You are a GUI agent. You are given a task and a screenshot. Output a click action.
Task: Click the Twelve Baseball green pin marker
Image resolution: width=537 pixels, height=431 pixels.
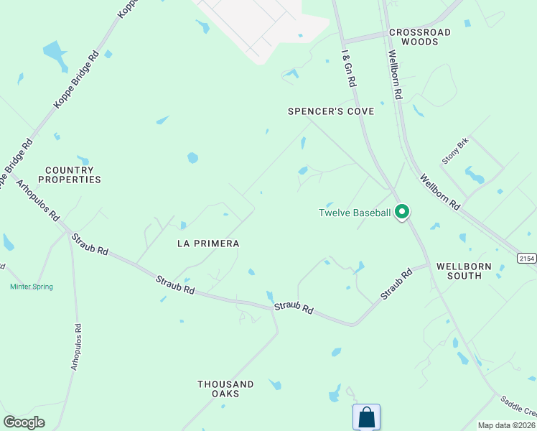tap(403, 212)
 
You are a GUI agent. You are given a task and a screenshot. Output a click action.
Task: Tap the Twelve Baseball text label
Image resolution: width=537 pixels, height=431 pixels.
tap(355, 213)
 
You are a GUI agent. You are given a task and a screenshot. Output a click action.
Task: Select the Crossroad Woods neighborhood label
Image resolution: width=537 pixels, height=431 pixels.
tap(420, 37)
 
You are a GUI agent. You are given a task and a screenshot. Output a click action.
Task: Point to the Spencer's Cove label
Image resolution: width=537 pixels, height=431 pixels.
tap(331, 111)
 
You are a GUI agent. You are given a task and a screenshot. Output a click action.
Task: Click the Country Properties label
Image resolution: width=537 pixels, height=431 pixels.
tap(73, 175)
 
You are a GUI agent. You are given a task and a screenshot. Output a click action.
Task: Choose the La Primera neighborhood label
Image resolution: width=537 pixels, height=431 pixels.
tap(208, 244)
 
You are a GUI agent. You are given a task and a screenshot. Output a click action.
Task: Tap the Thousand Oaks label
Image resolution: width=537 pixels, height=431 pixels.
tap(226, 389)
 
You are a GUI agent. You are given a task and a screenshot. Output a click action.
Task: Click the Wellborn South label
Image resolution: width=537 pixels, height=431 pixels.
tap(464, 271)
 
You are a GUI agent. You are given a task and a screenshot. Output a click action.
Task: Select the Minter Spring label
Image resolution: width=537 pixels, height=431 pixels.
tap(32, 287)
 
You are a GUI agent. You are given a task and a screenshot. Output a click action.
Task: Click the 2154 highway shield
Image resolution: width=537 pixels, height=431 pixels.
tap(527, 257)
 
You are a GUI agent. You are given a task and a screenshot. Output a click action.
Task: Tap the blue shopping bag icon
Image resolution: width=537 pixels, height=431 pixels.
tap(366, 417)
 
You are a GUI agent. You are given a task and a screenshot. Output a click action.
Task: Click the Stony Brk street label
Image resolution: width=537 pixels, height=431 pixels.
tap(454, 151)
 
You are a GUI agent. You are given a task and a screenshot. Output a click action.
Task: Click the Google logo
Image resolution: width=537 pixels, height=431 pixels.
tap(24, 422)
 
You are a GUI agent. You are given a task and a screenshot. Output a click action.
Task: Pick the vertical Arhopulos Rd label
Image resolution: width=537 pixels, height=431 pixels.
tap(75, 347)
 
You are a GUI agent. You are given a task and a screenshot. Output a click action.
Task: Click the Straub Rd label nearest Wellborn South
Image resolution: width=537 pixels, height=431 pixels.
tap(396, 284)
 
